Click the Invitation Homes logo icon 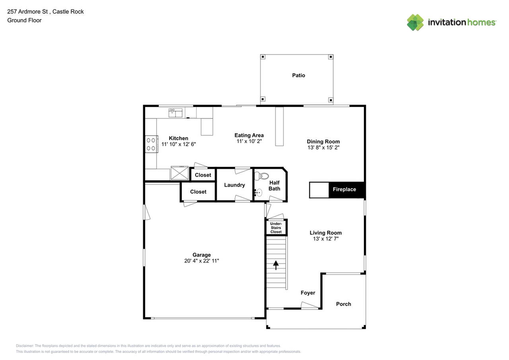[415, 22]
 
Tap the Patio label [299, 75]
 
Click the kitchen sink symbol [175, 113]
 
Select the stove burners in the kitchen [151, 144]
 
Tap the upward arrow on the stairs [276, 265]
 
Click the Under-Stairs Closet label [276, 228]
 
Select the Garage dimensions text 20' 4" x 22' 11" [202, 261]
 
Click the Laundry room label [234, 185]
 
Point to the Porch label [344, 304]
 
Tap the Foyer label [308, 293]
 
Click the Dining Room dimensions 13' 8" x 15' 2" [323, 147]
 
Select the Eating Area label [249, 135]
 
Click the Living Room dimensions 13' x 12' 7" [326, 239]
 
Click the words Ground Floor [24, 20]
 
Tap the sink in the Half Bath [258, 193]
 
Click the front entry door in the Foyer [310, 306]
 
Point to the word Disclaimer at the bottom [25, 346]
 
